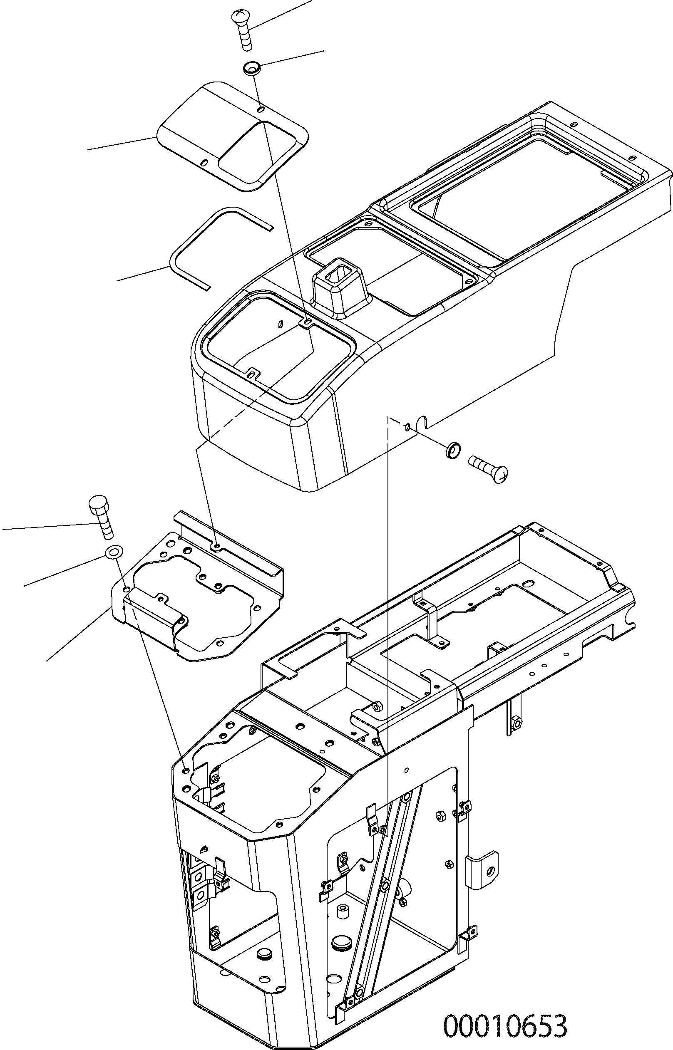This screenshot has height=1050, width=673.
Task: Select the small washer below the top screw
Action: [x=252, y=68]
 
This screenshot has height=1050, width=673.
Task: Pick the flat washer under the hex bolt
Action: [x=114, y=552]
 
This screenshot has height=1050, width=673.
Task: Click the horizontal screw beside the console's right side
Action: [x=489, y=467]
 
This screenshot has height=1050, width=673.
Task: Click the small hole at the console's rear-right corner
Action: [x=633, y=158]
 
